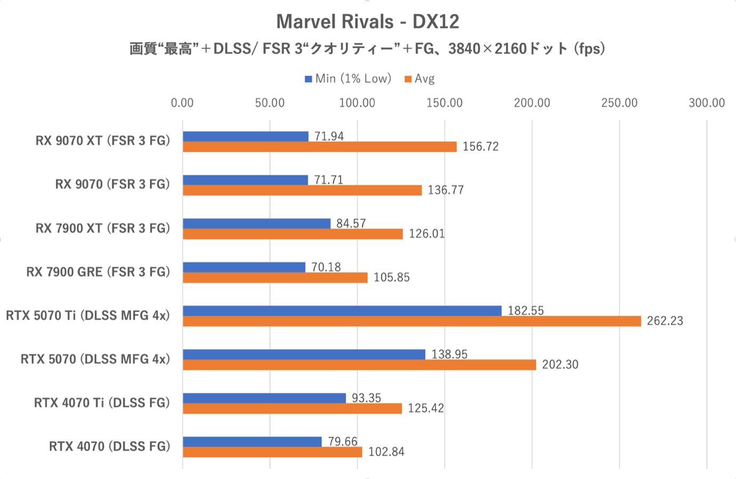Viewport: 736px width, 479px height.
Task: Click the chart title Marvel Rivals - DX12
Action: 368,22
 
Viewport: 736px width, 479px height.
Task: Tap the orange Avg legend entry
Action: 419,79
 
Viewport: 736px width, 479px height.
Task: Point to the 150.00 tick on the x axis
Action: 444,103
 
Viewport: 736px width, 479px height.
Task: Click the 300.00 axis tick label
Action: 707,103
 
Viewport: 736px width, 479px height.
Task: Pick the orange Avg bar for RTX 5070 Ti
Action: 411,321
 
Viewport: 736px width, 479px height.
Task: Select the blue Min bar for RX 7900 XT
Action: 256,224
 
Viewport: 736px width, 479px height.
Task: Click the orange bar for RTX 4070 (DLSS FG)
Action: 272,452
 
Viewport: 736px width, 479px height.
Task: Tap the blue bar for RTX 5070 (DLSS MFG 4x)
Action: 304,354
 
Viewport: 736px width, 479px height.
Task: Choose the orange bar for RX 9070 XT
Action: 320,147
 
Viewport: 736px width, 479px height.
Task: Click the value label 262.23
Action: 665,321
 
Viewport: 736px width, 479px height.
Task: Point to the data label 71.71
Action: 328,180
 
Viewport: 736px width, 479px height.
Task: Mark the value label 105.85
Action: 391,277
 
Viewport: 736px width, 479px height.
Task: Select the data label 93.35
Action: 366,398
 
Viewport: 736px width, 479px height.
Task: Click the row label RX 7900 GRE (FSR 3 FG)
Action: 98,272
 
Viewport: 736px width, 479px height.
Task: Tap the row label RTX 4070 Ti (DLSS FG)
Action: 102,403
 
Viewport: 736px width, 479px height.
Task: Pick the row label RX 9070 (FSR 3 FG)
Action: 112,184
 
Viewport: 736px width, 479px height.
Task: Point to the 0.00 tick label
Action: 182,103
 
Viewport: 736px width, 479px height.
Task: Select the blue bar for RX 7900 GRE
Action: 244,267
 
